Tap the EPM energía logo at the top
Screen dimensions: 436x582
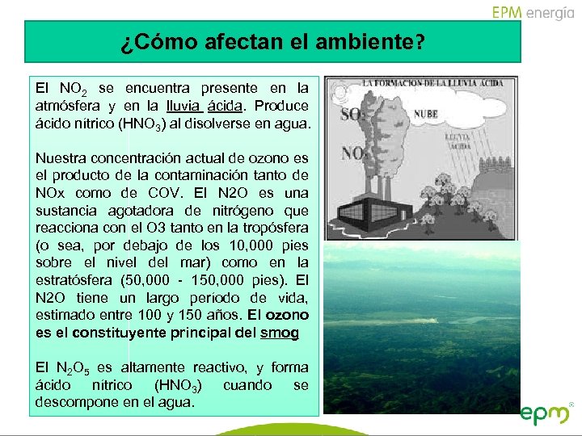[533, 12]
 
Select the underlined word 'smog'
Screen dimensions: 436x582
[280, 333]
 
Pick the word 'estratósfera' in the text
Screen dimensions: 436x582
[74, 280]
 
